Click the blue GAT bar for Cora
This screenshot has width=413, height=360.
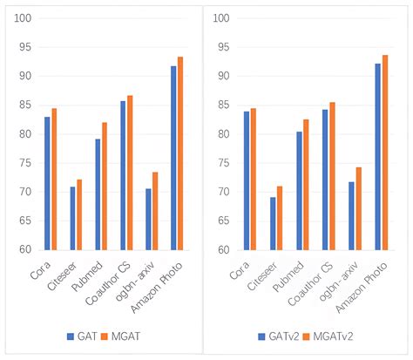[x=47, y=183]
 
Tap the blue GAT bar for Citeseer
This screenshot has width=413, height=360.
[x=72, y=218]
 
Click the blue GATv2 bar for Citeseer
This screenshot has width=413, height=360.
[x=273, y=223]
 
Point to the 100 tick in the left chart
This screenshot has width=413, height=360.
[x=24, y=18]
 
